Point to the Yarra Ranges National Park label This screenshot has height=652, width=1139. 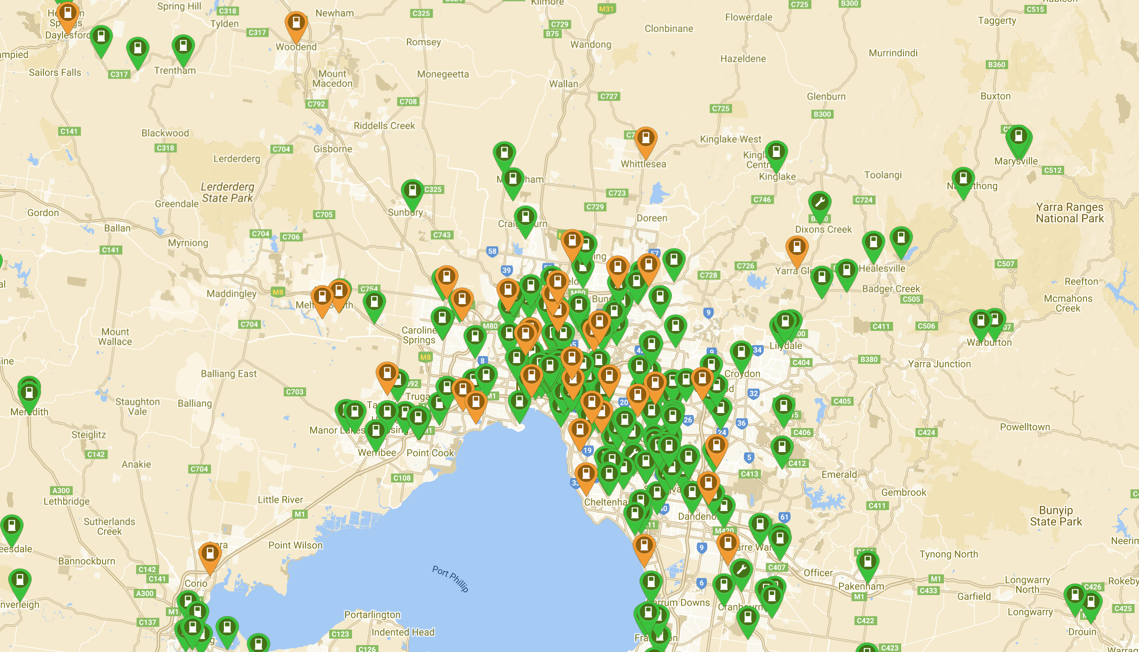1069,213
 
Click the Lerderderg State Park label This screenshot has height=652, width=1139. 228,192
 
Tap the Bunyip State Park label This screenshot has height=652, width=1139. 1056,516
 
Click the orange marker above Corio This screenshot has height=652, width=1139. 209,555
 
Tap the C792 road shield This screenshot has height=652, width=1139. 316,104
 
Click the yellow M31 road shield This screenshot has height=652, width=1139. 606,9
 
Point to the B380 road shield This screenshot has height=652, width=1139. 869,359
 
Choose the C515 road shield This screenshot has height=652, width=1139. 1035,9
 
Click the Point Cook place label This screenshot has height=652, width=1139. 430,453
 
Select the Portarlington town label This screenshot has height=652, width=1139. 372,614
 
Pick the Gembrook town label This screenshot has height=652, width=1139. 904,492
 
